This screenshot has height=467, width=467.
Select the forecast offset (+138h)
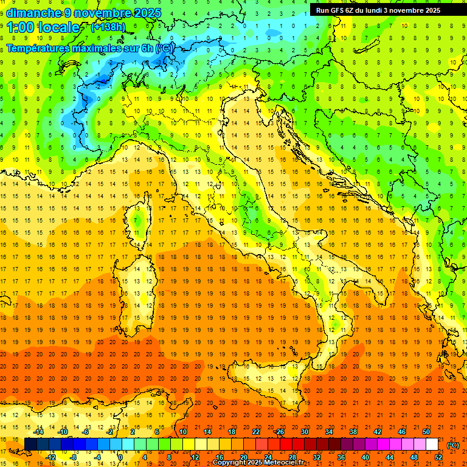[x=109, y=27]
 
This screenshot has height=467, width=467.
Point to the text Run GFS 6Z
[x=334, y=10]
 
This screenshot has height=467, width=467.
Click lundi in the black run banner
[x=374, y=10]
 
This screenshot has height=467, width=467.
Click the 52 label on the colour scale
[x=438, y=457]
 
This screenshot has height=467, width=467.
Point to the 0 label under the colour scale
[x=120, y=457]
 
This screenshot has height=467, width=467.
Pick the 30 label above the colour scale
[x=304, y=432]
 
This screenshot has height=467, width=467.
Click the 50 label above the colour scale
[x=426, y=432]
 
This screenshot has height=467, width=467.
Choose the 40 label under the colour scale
[x=365, y=457]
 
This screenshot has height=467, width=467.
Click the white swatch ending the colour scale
[x=432, y=445]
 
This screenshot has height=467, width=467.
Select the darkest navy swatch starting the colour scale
[x=30, y=445]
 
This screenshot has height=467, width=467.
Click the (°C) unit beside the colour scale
[x=453, y=445]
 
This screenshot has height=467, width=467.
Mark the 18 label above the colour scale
[x=231, y=432]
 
